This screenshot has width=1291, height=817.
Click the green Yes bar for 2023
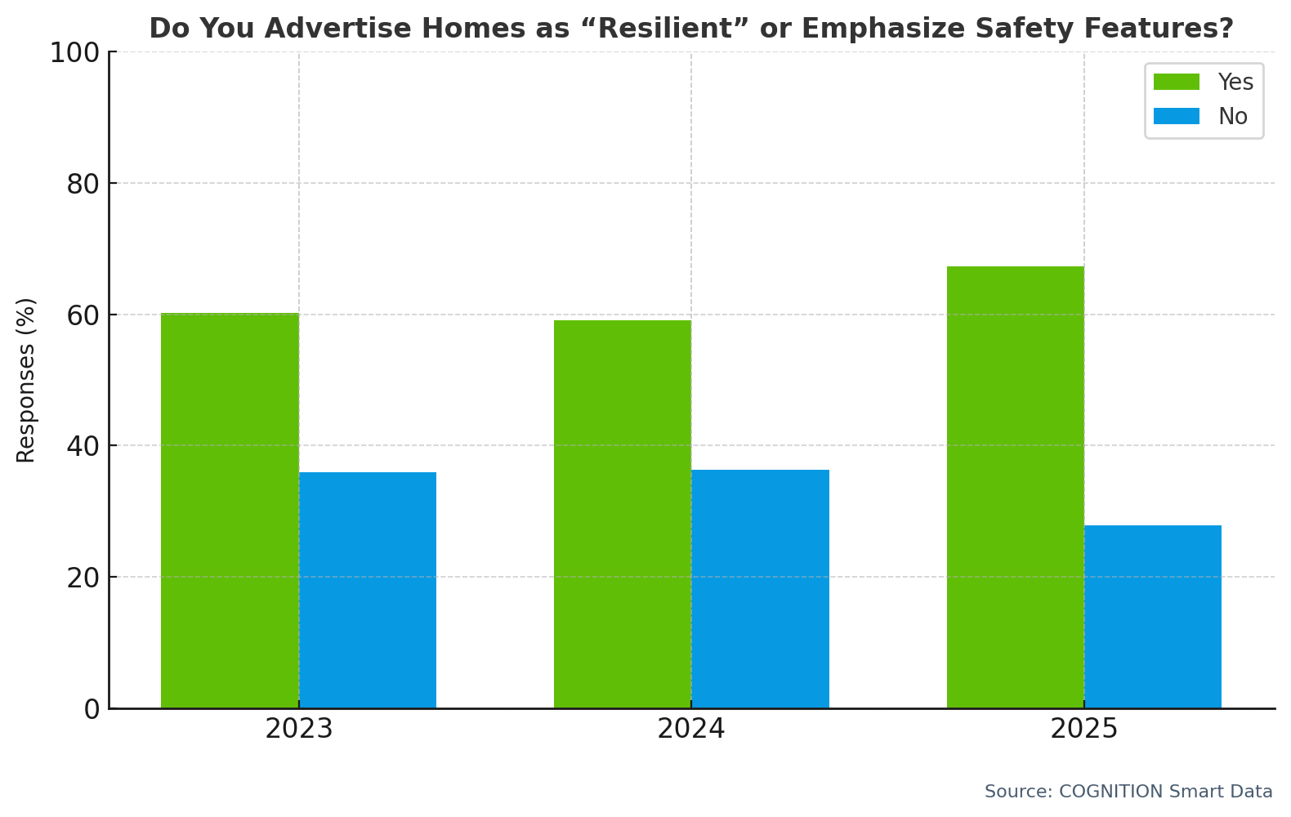[230, 511]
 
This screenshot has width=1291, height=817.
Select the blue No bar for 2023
[368, 590]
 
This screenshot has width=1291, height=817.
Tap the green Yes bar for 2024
[623, 514]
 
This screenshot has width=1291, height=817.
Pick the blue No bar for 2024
[760, 588]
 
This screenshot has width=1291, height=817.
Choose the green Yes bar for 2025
[1016, 487]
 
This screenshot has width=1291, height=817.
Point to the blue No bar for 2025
[1153, 617]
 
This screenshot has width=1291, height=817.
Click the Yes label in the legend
[1235, 83]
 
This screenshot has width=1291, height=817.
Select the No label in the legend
[1233, 117]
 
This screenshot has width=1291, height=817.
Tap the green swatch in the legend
[1177, 83]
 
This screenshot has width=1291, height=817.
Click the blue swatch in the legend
[1177, 117]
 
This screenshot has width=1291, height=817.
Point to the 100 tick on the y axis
[74, 53]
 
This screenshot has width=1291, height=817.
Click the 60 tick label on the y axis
[83, 315]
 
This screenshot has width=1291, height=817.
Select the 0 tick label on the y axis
[92, 709]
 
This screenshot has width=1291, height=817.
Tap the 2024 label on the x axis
[691, 729]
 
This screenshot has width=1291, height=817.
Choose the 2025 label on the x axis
[1083, 729]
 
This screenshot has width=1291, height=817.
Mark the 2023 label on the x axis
[299, 729]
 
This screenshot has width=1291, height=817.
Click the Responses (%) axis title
[26, 380]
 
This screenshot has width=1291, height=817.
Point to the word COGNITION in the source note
[1111, 792]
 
